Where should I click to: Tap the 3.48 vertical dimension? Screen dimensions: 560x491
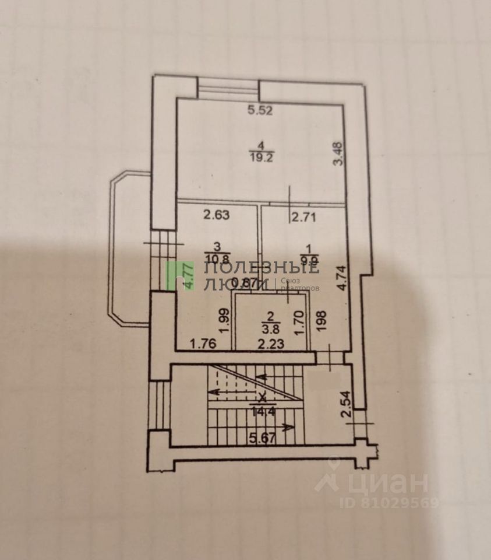coord(338,155)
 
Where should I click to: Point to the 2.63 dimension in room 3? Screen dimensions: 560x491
coord(217,215)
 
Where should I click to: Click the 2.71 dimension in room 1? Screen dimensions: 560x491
coord(303,218)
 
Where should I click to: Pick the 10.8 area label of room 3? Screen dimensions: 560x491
coord(216,257)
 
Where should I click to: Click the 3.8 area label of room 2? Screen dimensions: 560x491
coord(270,327)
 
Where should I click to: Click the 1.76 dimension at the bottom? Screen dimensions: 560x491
coord(203,344)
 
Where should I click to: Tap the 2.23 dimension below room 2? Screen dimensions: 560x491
coord(271,344)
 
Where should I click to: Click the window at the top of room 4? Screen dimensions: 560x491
coord(228,89)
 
